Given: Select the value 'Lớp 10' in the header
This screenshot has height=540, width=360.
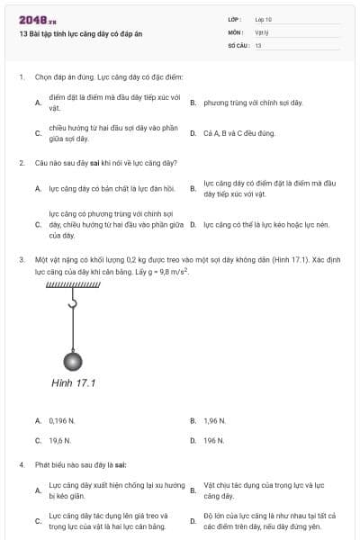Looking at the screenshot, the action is point(264,18).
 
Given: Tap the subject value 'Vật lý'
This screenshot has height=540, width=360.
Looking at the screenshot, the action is point(262,31).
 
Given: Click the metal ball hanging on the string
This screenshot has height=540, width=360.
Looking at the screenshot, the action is point(72,361).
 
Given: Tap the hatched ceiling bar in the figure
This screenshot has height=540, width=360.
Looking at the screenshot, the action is point(71,286).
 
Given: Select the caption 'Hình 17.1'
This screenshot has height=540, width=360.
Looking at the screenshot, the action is point(73,382).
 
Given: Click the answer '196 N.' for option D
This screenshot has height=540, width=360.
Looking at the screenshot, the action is point(213,441).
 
